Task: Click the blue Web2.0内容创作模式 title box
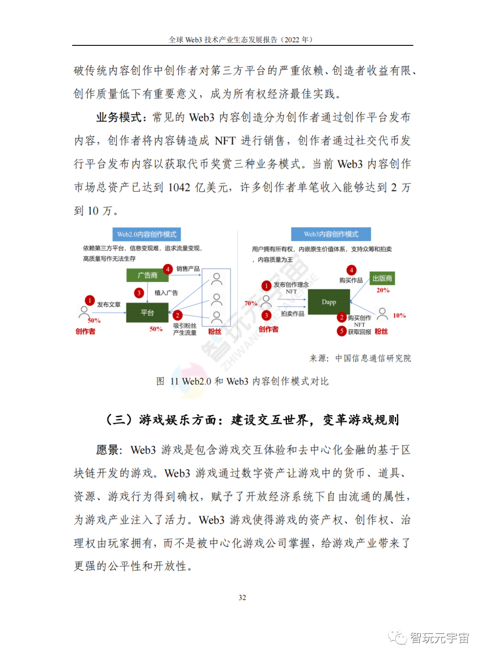coord(146,234)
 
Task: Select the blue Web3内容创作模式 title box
coord(331,234)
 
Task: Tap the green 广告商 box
coord(147,275)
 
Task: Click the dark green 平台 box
coord(147,312)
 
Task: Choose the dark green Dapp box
coord(329,302)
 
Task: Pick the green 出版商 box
coord(382,278)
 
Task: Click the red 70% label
coord(251,303)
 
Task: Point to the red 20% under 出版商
coord(383,290)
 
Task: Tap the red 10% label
coord(399,316)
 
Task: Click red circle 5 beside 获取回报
coord(341,331)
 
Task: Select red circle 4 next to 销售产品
coord(168,269)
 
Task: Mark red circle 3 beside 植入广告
coord(139,293)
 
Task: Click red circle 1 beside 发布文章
coord(89,300)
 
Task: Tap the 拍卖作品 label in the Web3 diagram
coord(292,314)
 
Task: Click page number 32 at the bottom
coord(242,597)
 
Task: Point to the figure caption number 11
coord(174,382)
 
